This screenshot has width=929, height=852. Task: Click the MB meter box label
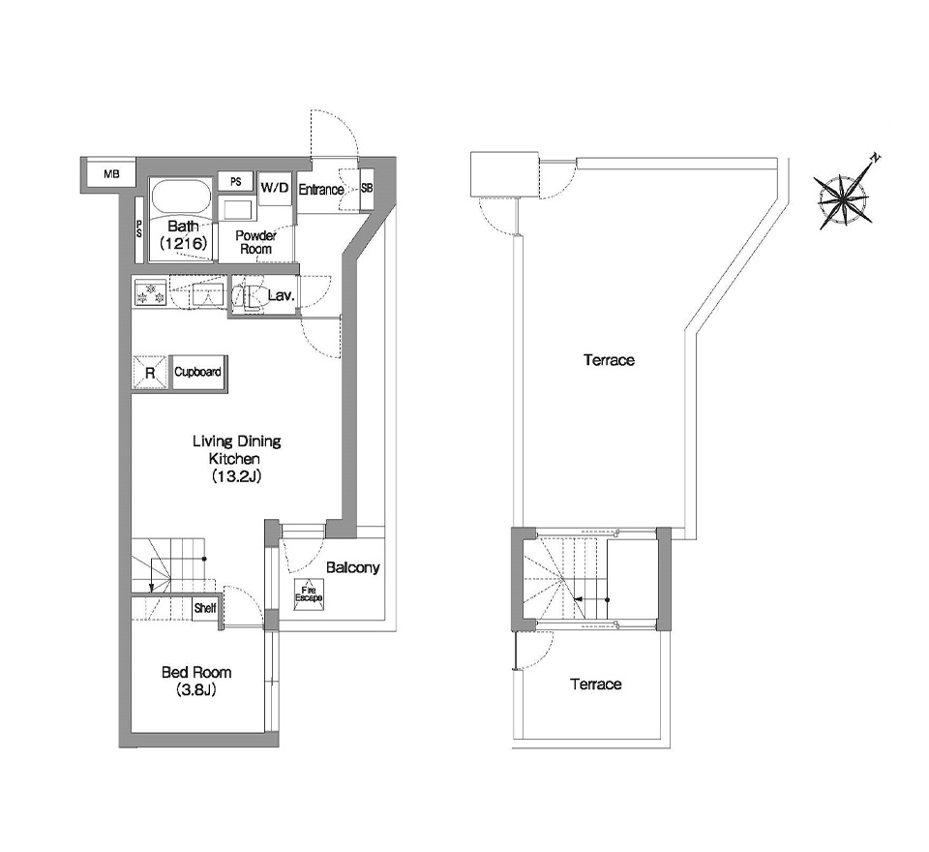point(111,174)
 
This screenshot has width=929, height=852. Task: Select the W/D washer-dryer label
point(275,188)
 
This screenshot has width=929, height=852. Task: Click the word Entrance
point(321,190)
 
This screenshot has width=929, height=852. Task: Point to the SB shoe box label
point(367,188)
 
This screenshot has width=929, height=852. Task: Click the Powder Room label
point(255,242)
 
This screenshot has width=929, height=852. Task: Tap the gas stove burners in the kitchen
point(150,292)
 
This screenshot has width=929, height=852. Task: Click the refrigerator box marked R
point(150,373)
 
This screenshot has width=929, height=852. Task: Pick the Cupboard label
point(197,372)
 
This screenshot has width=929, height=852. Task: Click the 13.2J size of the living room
point(237,476)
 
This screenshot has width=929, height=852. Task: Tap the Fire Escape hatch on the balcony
point(310,594)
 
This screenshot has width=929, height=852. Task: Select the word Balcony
point(352,567)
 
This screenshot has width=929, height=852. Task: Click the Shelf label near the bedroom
point(205,608)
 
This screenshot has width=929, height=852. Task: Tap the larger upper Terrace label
point(609,360)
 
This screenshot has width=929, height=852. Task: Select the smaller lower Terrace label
point(596,685)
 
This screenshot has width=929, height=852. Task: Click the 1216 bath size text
point(183,243)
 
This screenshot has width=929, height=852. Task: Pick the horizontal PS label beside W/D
point(236,181)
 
